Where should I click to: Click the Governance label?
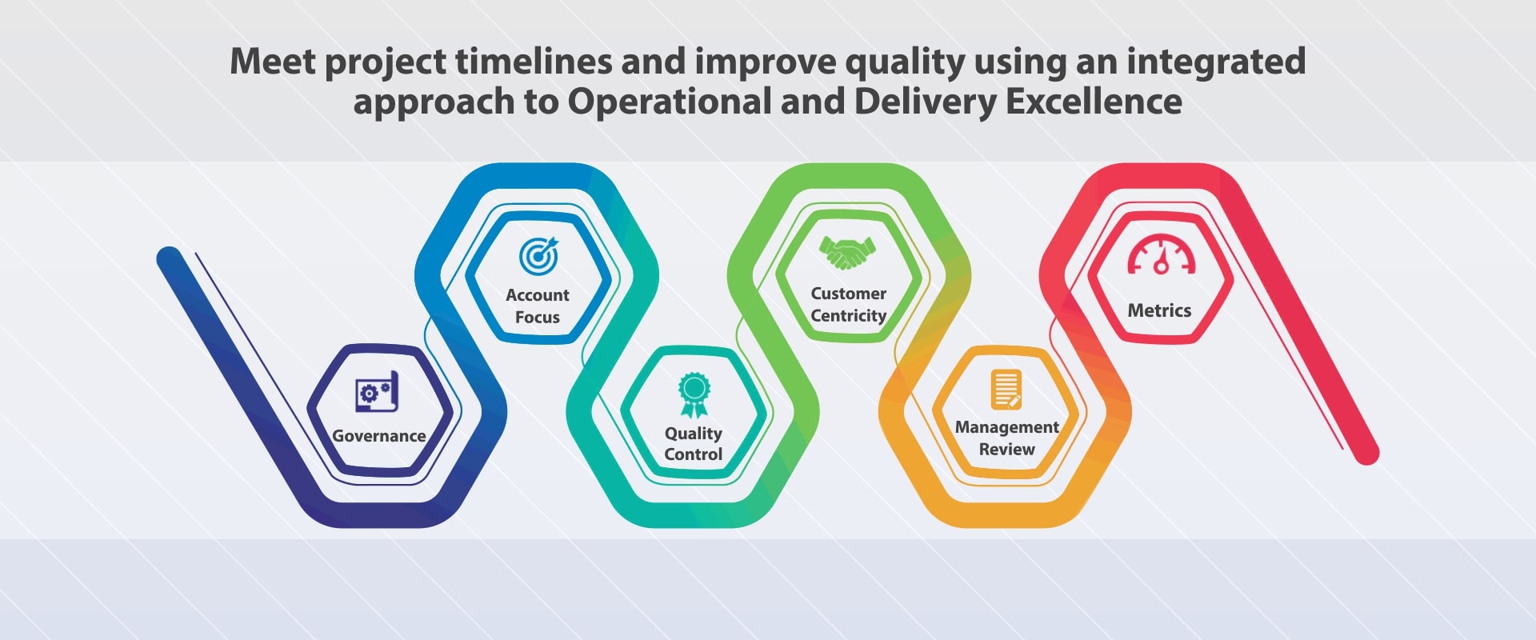tap(378, 436)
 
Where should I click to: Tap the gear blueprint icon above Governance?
tap(377, 392)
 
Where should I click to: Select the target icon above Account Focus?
tap(538, 256)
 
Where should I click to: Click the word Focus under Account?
tap(538, 318)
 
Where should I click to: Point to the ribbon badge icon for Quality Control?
tap(694, 394)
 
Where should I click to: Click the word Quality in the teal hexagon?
tap(693, 434)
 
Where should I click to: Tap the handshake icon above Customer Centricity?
tap(847, 253)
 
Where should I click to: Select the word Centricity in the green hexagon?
tap(848, 316)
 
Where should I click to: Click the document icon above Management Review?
tap(1006, 390)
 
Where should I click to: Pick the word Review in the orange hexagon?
tap(1006, 450)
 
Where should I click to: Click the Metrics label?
tap(1159, 310)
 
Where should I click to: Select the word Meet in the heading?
tap(272, 62)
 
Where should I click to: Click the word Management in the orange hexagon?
tap(1006, 427)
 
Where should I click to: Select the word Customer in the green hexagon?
tap(848, 294)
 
